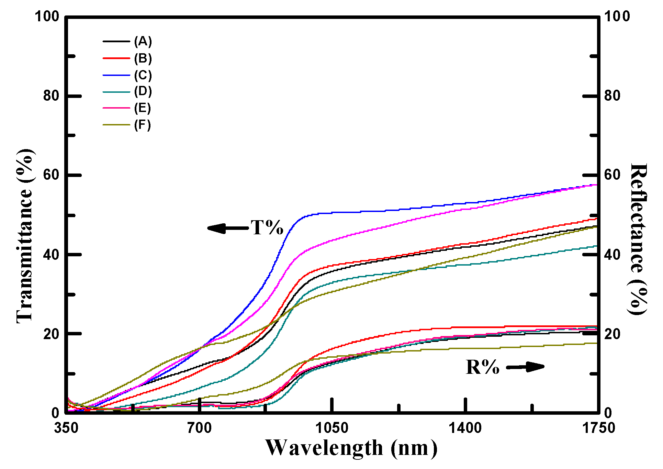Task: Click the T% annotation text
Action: click(267, 227)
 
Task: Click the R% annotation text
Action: click(482, 367)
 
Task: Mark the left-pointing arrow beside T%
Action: click(227, 228)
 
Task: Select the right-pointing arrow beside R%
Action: click(526, 367)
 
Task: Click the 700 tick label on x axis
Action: click(199, 428)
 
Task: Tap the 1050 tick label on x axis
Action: click(331, 428)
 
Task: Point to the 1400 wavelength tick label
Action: click(465, 428)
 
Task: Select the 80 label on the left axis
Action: click(52, 96)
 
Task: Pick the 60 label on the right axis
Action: click(613, 175)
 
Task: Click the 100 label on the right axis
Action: click(617, 16)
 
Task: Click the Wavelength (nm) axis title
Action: click(351, 448)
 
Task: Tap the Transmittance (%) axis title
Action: click(25, 236)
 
